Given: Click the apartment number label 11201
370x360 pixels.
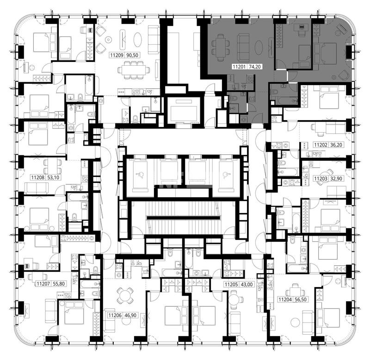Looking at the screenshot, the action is pyautogui.click(x=239, y=67).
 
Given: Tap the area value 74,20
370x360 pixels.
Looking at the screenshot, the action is pyautogui.click(x=255, y=67).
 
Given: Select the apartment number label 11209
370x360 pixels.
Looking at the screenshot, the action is pyautogui.click(x=117, y=55).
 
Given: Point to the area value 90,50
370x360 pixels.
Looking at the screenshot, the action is pyautogui.click(x=132, y=55).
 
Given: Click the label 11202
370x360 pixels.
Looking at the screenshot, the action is pyautogui.click(x=321, y=145).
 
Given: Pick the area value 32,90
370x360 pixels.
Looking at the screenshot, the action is pyautogui.click(x=336, y=179).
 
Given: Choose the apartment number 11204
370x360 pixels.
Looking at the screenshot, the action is pyautogui.click(x=285, y=299).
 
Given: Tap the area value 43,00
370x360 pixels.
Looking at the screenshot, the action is pyautogui.click(x=247, y=285).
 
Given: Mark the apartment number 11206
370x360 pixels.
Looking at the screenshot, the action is pyautogui.click(x=115, y=315).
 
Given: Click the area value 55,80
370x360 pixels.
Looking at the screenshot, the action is pyautogui.click(x=59, y=284).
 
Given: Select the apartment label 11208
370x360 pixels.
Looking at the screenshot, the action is pyautogui.click(x=38, y=177).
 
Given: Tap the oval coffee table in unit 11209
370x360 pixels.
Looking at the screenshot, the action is pyautogui.click(x=137, y=39).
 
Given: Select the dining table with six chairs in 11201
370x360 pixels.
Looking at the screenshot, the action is pyautogui.click(x=221, y=48).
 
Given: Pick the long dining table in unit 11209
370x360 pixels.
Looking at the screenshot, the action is pyautogui.click(x=134, y=70).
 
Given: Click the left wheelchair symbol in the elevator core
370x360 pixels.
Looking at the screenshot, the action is pyautogui.click(x=141, y=175).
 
